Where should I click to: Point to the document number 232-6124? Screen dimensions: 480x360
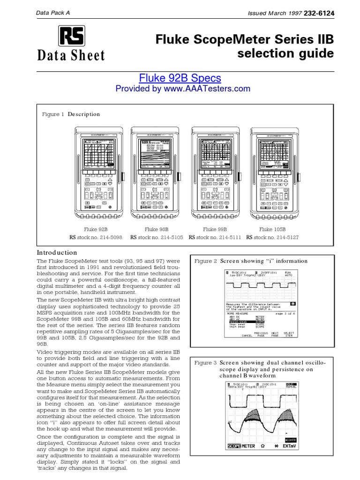[320, 14]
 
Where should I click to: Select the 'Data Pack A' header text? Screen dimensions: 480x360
[53, 13]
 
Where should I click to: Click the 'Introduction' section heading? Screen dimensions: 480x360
[57, 252]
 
